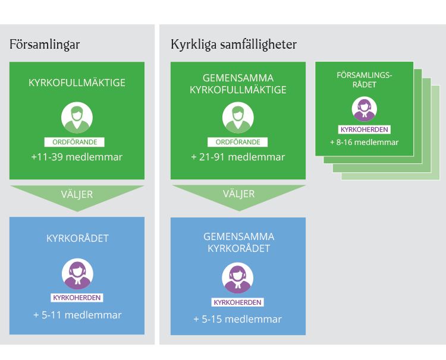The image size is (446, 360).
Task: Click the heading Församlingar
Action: [x=45, y=45]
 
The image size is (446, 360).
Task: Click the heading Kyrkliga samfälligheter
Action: [x=234, y=45]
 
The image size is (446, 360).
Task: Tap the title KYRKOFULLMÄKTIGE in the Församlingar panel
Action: [x=77, y=83]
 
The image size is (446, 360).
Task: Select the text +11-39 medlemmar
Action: [x=77, y=157]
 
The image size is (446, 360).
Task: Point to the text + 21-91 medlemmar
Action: [x=238, y=157]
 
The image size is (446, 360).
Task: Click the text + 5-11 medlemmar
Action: [x=77, y=315]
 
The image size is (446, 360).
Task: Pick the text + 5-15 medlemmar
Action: [x=238, y=319]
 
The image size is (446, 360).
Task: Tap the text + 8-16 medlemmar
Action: [x=365, y=142]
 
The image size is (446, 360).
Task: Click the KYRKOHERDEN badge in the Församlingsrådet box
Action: [x=365, y=130]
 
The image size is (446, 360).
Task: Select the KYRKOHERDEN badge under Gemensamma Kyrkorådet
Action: [x=237, y=302]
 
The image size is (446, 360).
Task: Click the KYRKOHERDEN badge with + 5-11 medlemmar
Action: [x=77, y=298]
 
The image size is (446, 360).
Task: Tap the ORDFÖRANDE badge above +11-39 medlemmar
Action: [x=74, y=142]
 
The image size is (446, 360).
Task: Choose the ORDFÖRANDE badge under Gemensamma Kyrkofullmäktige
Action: [x=237, y=142]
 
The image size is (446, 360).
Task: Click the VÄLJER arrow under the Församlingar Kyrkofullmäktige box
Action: [x=77, y=196]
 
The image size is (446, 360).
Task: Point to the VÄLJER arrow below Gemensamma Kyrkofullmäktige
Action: [x=239, y=195]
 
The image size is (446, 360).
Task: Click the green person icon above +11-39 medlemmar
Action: [x=77, y=118]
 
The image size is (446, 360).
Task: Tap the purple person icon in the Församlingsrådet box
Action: [x=365, y=109]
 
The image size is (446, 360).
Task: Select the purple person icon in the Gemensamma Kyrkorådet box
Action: [x=237, y=278]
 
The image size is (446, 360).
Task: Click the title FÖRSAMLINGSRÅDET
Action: [x=365, y=80]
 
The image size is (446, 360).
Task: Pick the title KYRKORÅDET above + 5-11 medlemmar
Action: [x=77, y=238]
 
